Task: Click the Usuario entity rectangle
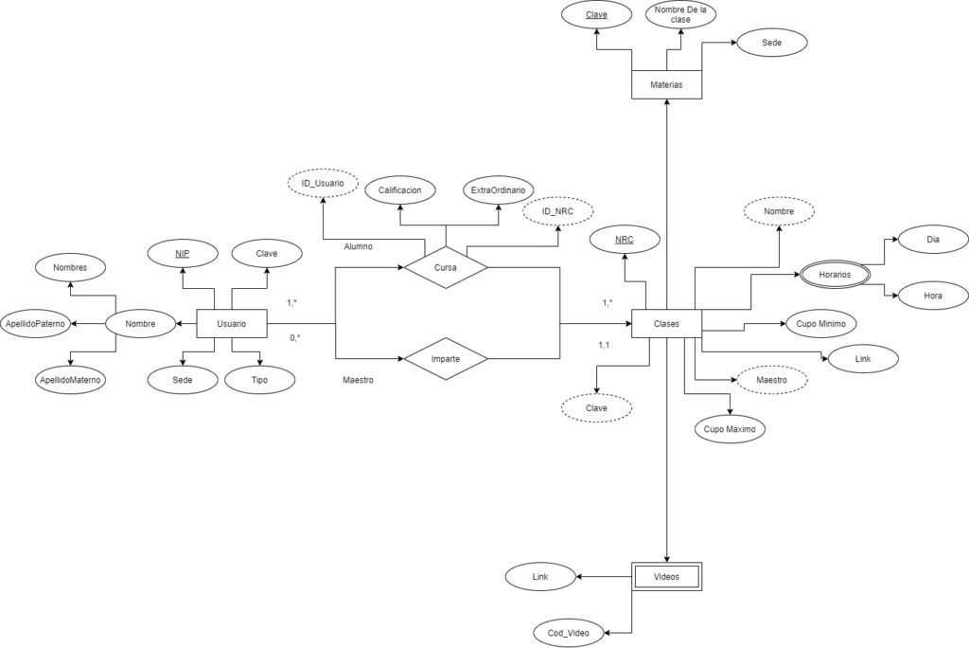point(232,324)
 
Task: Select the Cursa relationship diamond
point(446,267)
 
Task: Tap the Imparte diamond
point(446,358)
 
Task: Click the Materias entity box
point(667,85)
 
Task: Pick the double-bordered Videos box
point(667,577)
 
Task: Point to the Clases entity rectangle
point(667,324)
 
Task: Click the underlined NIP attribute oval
point(183,253)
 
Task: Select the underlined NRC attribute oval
point(625,240)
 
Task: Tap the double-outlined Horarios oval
point(835,274)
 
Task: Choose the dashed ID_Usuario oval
point(324,183)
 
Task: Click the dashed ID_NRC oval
point(558,211)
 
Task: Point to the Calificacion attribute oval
point(400,190)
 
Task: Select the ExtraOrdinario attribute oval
point(498,190)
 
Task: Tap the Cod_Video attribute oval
point(569,633)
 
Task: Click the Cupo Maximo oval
point(730,429)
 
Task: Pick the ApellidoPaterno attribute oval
point(35,324)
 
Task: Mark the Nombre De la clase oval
point(680,15)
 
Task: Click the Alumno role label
point(359,246)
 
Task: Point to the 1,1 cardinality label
point(604,345)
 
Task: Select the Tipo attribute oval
point(259,379)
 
